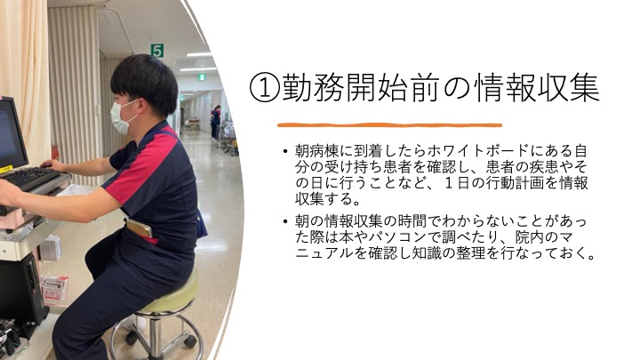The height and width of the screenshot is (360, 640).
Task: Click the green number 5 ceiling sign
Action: (x=157, y=51)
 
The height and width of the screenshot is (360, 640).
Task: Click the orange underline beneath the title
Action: (x=389, y=125)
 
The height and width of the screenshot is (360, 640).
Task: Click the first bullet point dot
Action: (x=285, y=152)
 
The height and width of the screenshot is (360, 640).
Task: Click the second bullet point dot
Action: (x=285, y=222)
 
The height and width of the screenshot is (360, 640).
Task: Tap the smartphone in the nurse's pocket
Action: (x=140, y=228)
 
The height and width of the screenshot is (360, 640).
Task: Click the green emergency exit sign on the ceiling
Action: (x=201, y=77)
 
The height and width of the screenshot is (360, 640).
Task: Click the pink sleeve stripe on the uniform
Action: (x=143, y=168)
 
